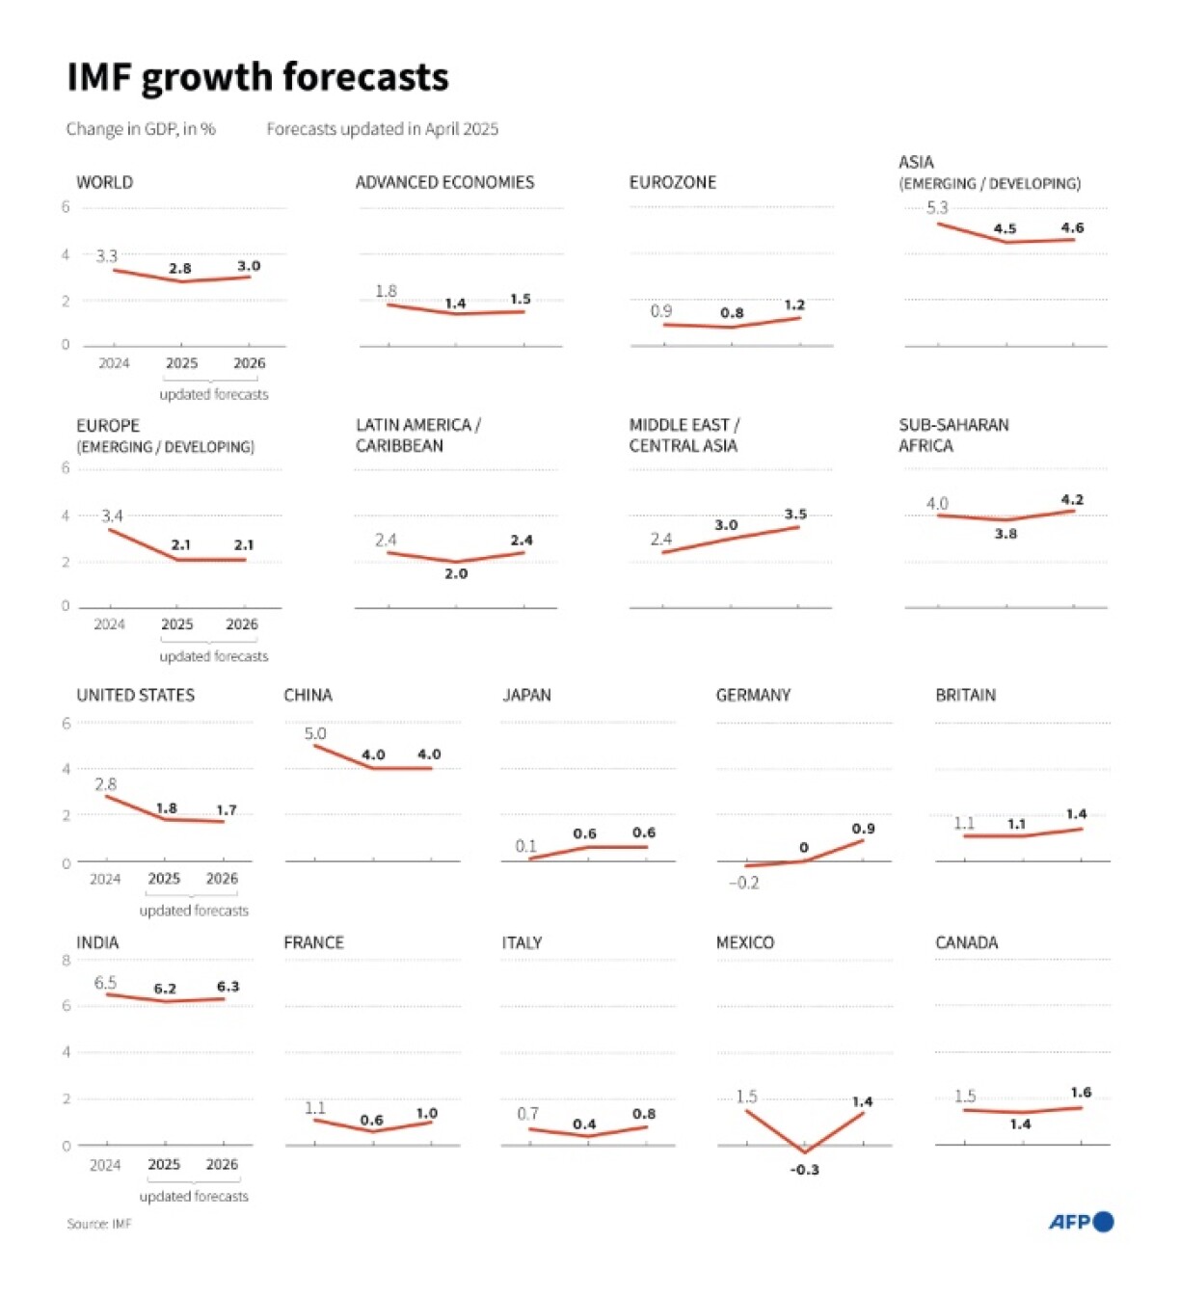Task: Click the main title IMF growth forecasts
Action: click(257, 77)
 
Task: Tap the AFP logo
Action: click(1081, 1222)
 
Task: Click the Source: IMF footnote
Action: click(98, 1224)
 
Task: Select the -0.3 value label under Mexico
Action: click(804, 1170)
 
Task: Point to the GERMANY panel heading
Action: click(753, 695)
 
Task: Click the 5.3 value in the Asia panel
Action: click(937, 207)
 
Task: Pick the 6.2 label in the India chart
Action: click(165, 989)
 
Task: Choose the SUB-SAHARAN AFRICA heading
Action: click(953, 436)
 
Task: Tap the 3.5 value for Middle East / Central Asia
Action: click(795, 514)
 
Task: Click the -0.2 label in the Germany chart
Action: click(743, 883)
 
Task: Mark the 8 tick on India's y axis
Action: click(67, 960)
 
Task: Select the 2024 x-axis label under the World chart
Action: click(114, 363)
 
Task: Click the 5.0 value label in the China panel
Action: click(315, 733)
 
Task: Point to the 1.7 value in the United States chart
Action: click(227, 809)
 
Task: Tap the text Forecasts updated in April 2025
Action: click(382, 129)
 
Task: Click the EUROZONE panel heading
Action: click(672, 182)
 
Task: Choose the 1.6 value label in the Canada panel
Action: click(1081, 1092)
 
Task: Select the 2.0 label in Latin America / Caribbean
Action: click(456, 573)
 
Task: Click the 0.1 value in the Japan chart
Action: click(525, 846)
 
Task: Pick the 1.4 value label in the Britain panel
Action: click(1077, 813)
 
